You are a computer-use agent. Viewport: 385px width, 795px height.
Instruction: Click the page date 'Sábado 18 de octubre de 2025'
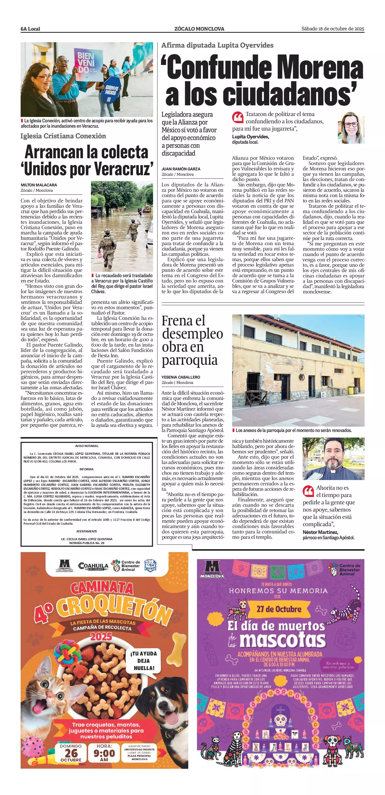333,29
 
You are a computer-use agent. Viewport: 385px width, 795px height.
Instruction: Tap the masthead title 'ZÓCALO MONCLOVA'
199,29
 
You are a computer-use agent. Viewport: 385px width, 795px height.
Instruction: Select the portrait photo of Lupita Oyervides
351,127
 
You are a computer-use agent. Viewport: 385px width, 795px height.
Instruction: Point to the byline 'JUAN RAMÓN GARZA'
181,169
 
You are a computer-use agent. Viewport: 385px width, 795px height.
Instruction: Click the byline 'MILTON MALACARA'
39,185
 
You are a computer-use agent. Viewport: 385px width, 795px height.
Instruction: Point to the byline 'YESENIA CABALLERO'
181,377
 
